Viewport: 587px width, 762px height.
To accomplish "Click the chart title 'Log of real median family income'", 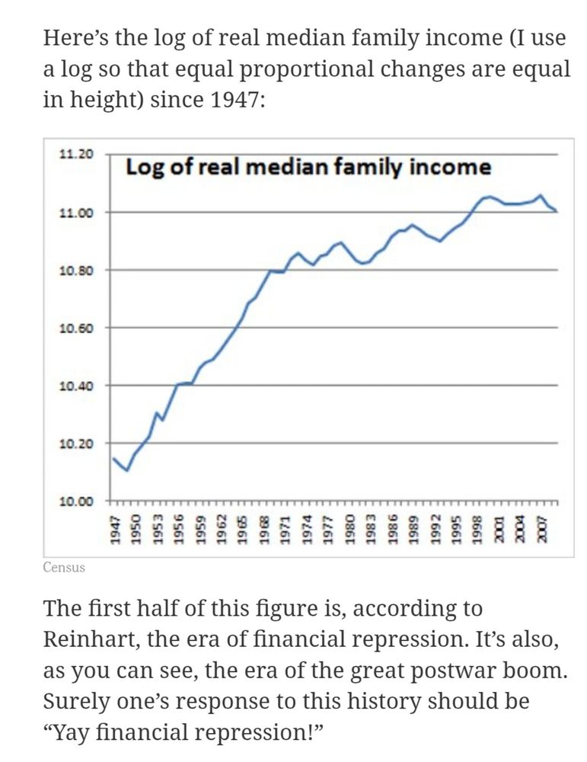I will (308, 167).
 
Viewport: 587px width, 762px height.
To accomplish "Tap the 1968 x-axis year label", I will (264, 527).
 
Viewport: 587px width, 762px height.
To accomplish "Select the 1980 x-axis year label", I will (349, 527).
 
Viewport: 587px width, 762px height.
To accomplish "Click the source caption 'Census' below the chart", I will (64, 568).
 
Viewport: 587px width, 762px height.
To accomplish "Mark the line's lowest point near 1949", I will (127, 471).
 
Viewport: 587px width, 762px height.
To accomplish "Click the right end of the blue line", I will (557, 211).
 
